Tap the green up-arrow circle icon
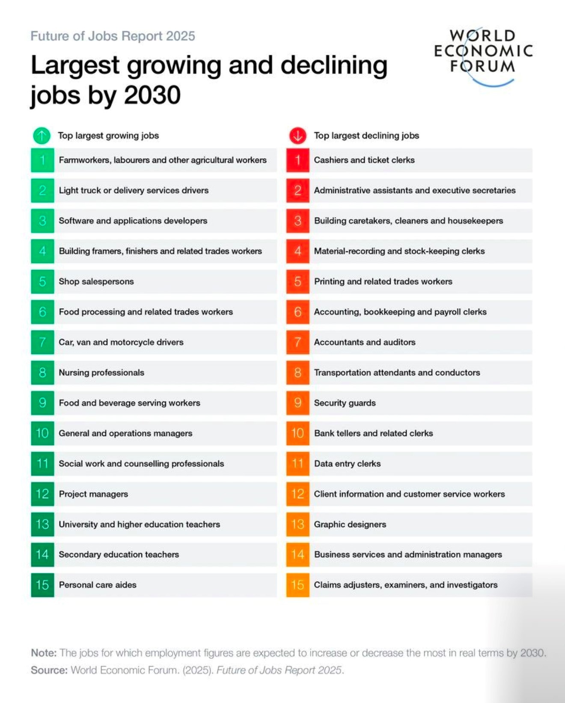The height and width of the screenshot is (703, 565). point(42,136)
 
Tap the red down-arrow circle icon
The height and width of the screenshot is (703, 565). point(297,136)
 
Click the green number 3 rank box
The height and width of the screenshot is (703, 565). point(42,221)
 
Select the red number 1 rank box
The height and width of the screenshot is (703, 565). point(297,160)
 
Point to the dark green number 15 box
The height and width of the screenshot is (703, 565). point(42,585)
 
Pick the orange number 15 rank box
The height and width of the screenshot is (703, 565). point(297,585)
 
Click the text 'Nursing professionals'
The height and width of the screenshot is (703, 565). point(101,372)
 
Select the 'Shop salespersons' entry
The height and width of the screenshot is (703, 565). point(96,281)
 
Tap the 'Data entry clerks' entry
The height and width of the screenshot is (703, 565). point(347,464)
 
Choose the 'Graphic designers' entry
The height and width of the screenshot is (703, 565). point(350,524)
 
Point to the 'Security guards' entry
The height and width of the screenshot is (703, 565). point(345,403)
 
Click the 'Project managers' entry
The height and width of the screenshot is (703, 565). point(93,494)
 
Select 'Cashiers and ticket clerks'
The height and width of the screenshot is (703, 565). point(364,160)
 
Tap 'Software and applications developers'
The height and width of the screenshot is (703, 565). point(133,221)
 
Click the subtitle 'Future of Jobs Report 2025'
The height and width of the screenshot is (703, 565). point(113,36)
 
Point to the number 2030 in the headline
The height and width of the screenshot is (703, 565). point(152,95)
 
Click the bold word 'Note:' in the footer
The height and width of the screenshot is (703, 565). point(44,653)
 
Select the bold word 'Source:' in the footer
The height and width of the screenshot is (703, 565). point(49,670)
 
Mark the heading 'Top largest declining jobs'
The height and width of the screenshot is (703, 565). point(366,136)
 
